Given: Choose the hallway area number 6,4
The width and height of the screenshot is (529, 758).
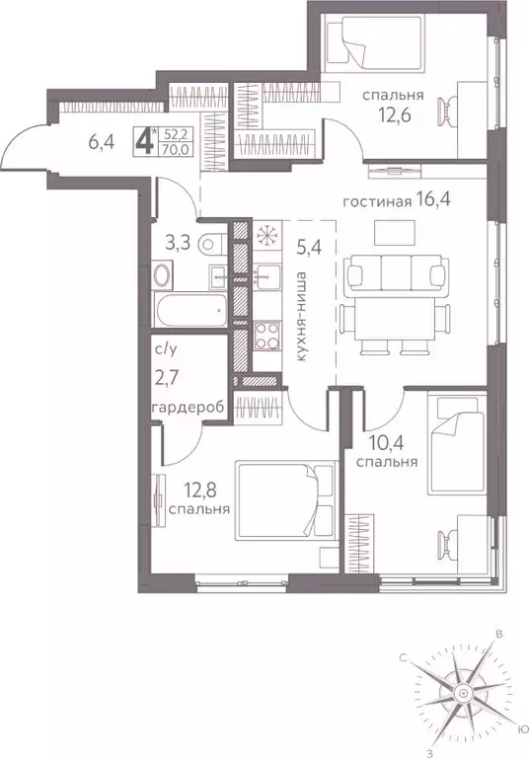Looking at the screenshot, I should [102, 142].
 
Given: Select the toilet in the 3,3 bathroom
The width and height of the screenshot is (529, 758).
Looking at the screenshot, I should [208, 244].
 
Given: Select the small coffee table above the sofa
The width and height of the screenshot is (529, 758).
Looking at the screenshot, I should [396, 231].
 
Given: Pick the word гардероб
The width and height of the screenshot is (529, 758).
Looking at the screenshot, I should [178, 408].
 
